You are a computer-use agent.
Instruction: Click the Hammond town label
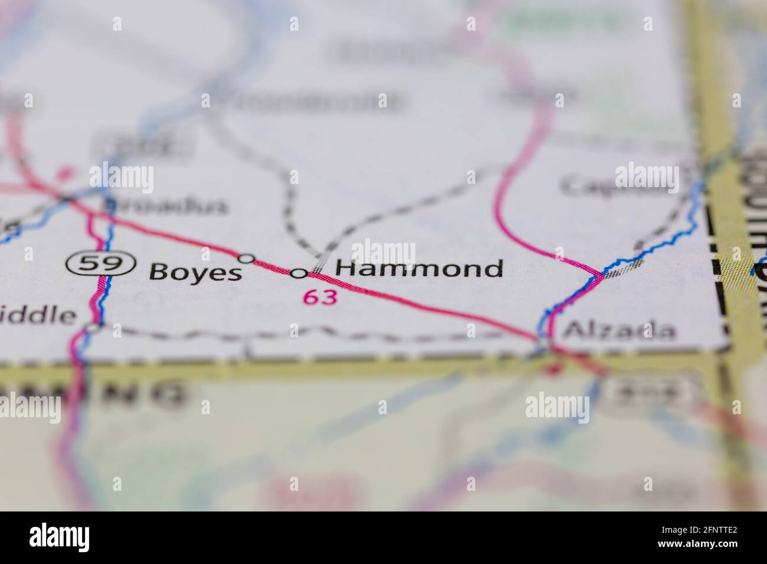[x=419, y=269]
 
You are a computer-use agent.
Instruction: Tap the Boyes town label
[x=195, y=273]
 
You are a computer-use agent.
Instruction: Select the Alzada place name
[x=619, y=330]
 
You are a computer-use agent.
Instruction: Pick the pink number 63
[x=320, y=297]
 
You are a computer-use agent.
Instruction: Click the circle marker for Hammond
[x=299, y=273]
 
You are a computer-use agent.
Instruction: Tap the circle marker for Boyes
[x=246, y=258]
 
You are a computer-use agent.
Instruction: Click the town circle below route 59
[x=93, y=326]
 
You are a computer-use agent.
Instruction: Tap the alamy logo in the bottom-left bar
[x=59, y=537]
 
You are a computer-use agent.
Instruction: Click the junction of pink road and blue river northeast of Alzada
[x=601, y=274]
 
